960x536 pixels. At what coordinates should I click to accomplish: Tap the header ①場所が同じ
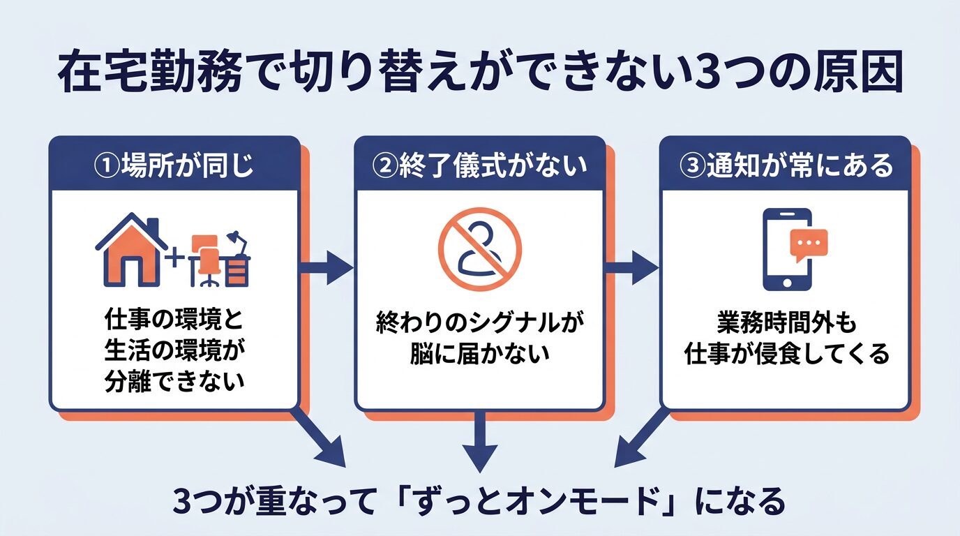(x=174, y=167)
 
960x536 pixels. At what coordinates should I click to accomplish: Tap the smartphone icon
(x=786, y=249)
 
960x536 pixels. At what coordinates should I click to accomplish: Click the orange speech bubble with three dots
(x=808, y=244)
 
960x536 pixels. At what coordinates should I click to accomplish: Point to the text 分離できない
(x=174, y=381)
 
